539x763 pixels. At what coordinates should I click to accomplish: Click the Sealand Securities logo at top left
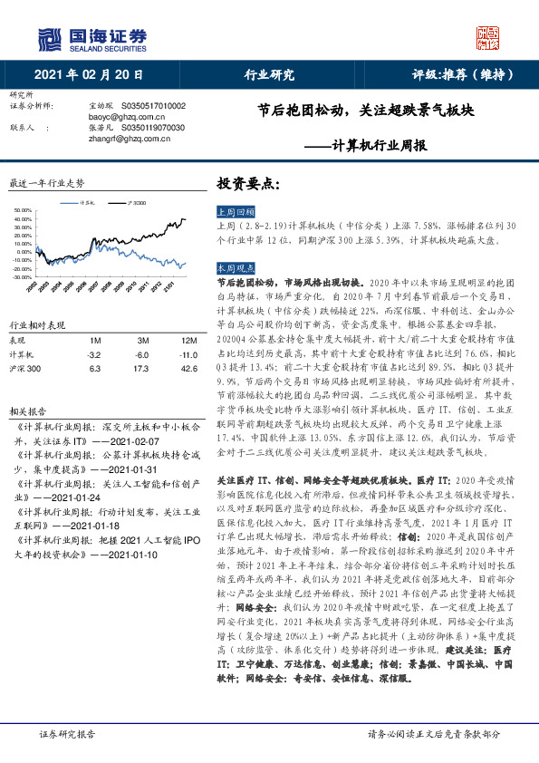[x=90, y=38]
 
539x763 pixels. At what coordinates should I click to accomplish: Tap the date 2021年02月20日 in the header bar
[x=89, y=75]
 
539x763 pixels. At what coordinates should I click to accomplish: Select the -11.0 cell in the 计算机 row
[x=188, y=354]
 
